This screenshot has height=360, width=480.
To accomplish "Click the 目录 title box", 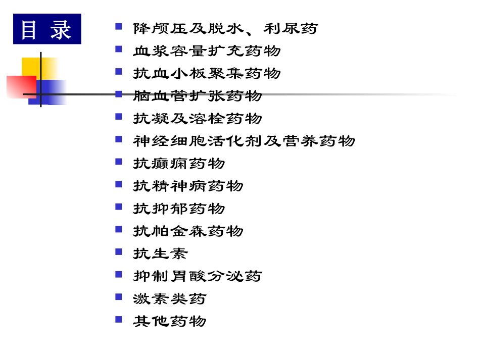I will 47,29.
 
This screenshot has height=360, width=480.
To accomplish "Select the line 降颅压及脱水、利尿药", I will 225,28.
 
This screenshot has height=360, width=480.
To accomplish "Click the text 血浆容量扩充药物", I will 207,51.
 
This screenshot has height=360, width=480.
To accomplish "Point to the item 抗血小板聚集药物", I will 207,74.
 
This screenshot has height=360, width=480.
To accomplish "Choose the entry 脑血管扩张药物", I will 198,96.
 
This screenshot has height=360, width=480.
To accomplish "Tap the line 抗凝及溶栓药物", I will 198,119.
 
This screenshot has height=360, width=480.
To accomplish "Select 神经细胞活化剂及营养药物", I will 244,141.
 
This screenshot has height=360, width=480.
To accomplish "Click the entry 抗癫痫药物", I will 179,164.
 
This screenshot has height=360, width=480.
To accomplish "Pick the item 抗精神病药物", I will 188,186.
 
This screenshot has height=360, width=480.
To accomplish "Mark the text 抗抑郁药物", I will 179,209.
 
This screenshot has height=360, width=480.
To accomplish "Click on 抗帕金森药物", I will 188,231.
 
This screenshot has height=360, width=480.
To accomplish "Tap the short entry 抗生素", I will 160,253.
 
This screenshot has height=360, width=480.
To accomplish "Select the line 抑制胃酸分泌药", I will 198,276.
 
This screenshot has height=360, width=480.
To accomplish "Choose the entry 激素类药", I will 170,298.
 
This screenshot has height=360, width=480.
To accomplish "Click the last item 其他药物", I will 170,321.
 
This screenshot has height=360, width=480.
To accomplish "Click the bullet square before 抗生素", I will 119,251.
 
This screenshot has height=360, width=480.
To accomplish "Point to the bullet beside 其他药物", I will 119,319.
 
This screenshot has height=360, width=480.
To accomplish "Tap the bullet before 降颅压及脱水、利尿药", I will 119,26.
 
